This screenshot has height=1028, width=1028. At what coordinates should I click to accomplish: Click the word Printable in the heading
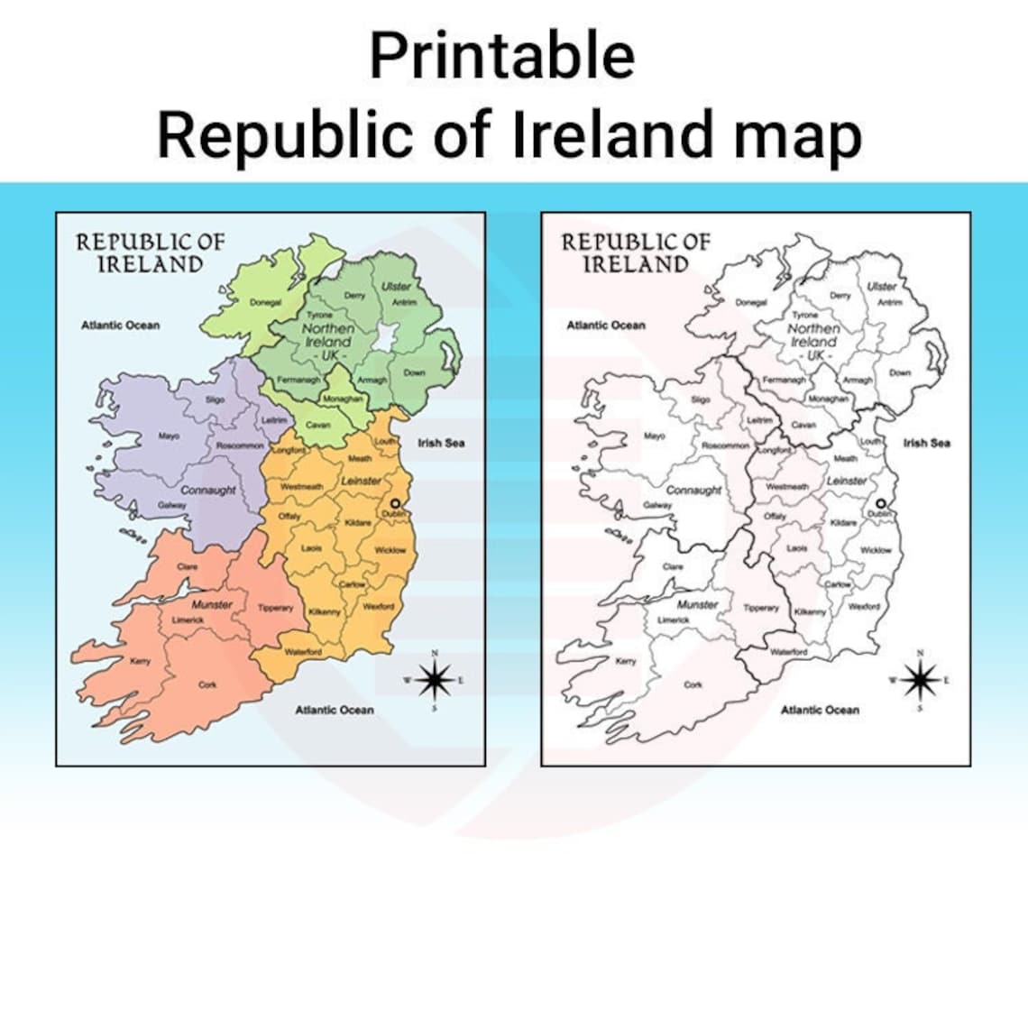501,56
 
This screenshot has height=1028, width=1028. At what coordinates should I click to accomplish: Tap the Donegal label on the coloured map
265,303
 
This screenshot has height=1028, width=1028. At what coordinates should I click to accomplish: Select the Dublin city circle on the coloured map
394,504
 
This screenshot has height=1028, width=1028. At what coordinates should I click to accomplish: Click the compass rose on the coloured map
434,678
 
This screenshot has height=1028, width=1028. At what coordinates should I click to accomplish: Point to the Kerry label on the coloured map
141,661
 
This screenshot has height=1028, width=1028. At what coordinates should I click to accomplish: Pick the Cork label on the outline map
693,684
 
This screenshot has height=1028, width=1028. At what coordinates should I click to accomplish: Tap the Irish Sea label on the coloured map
441,443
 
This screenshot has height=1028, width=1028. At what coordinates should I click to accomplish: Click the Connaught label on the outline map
693,491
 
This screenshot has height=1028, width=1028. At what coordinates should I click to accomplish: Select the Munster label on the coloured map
212,605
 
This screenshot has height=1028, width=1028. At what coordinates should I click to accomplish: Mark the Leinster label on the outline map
846,482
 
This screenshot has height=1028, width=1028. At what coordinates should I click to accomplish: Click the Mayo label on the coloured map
170,436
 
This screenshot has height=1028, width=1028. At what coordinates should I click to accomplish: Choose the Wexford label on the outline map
864,607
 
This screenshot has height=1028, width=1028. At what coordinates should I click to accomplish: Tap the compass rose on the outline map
919,678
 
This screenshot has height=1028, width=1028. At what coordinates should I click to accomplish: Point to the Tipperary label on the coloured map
275,608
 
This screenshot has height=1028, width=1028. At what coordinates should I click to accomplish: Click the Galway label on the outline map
656,505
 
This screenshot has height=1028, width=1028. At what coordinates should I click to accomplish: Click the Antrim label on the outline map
890,303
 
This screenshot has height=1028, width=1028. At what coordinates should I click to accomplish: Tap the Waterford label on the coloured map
303,651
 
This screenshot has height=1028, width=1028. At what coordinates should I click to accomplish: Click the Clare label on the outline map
673,566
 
